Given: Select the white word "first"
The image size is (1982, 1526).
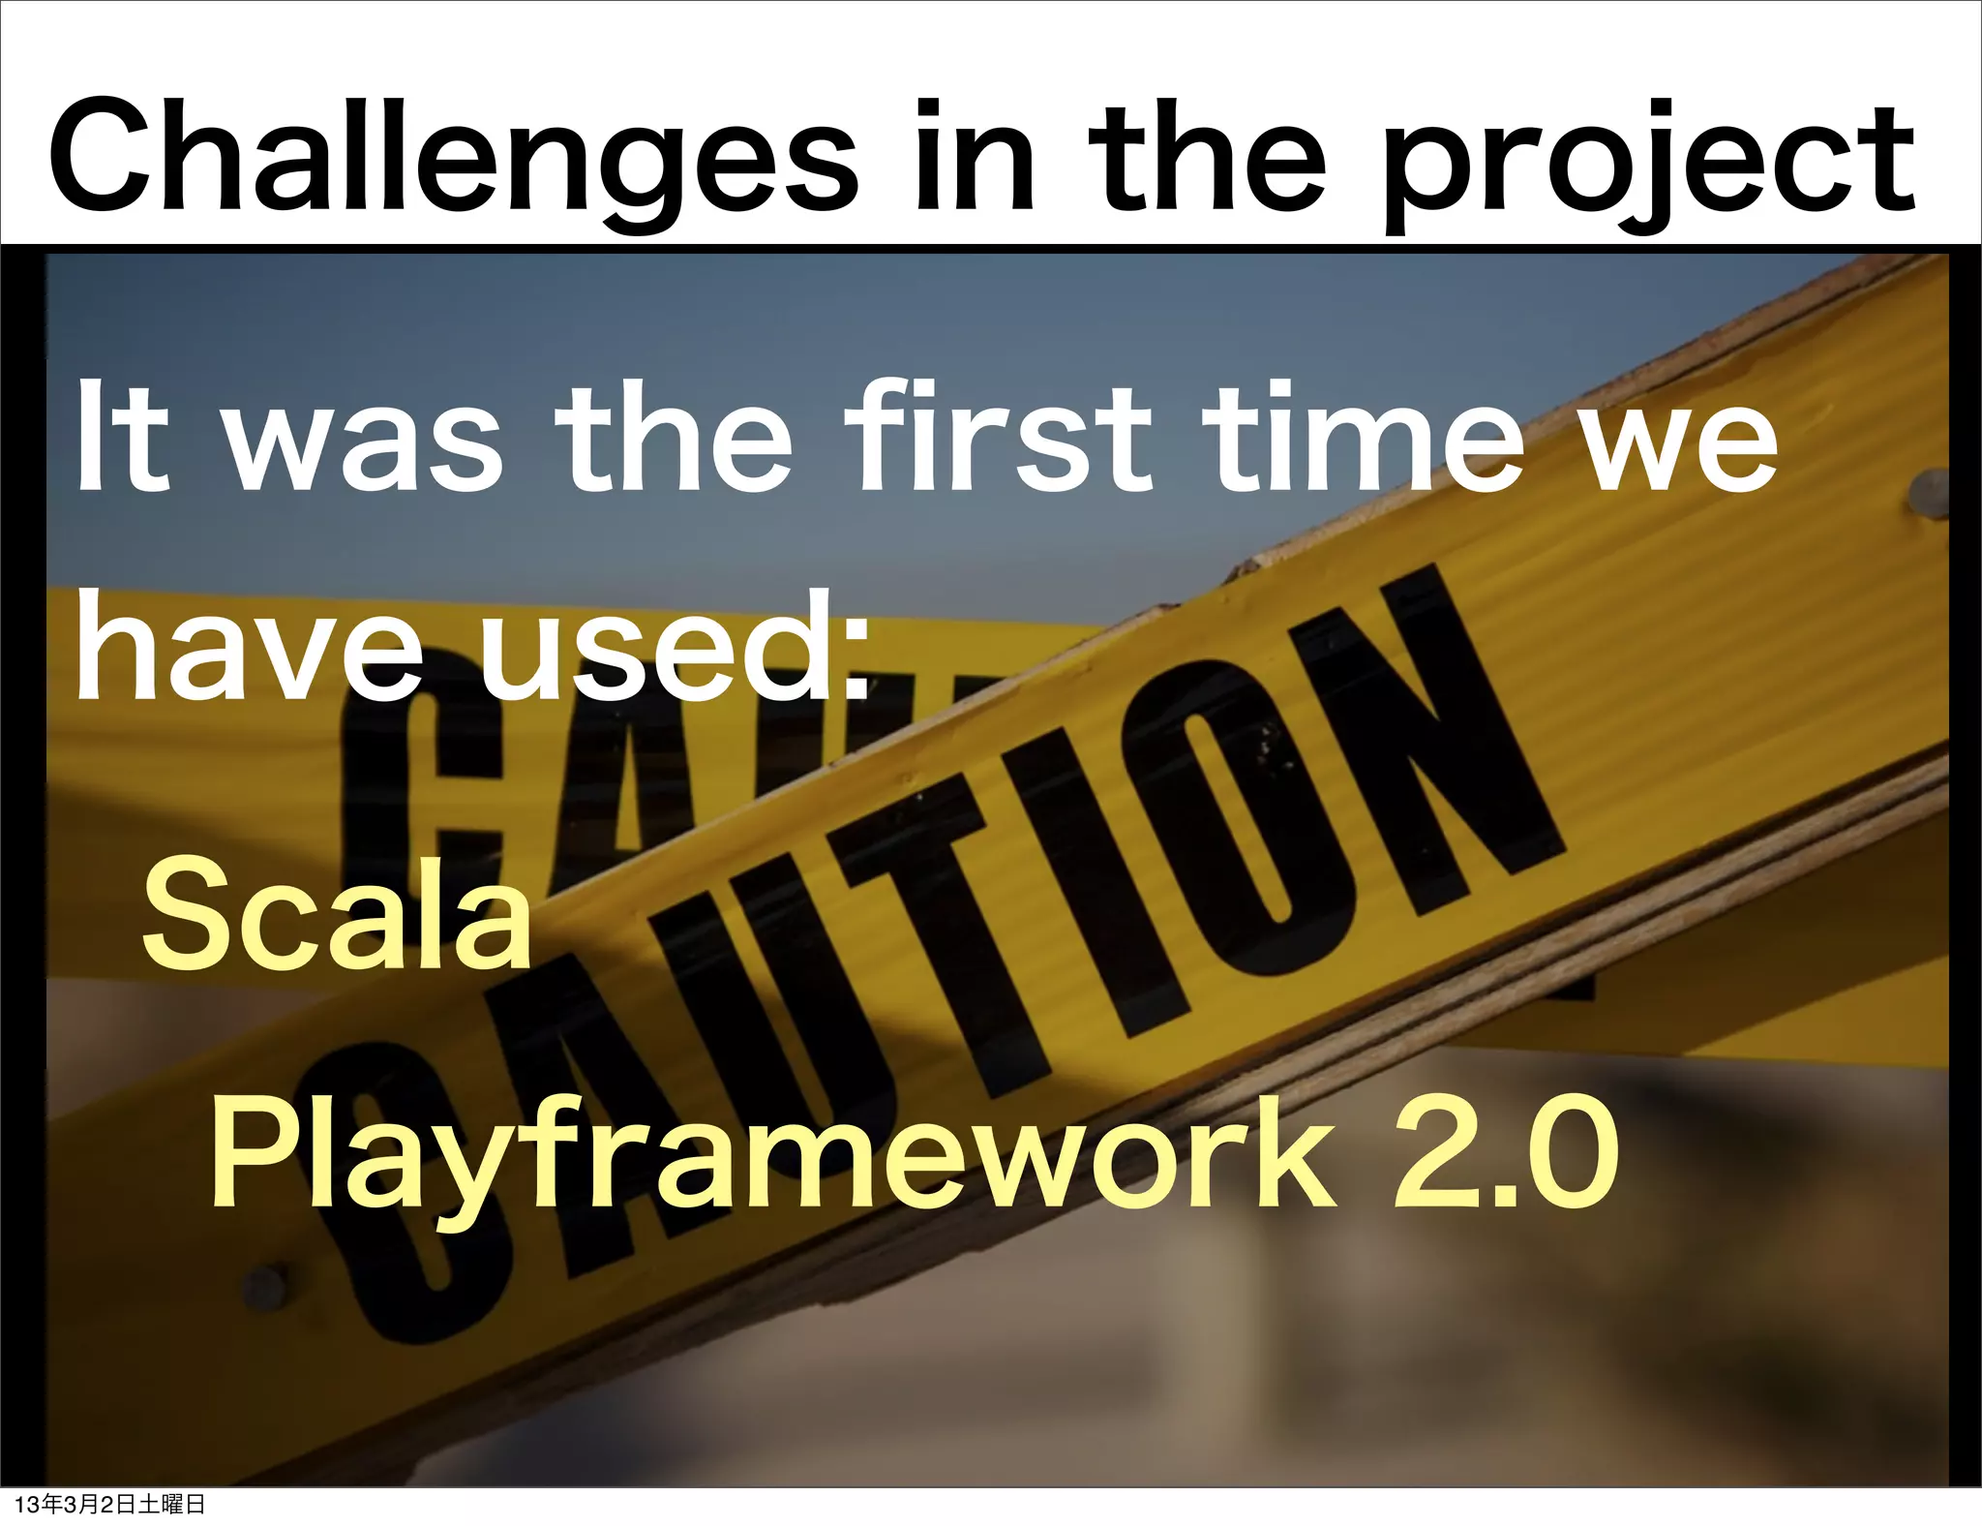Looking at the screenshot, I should (x=997, y=441).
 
